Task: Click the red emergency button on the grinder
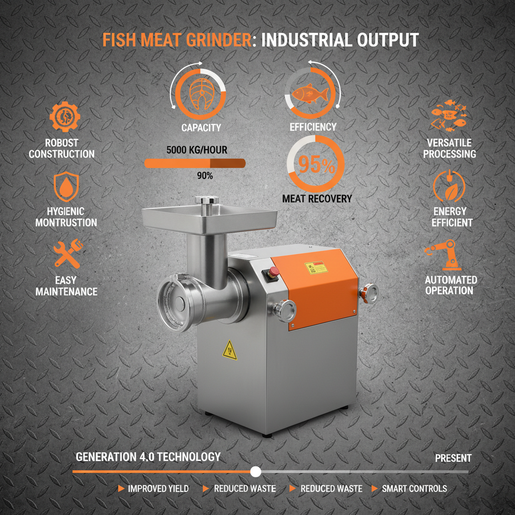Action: click(x=275, y=272)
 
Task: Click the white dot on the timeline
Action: click(x=255, y=471)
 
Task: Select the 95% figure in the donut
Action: click(x=315, y=165)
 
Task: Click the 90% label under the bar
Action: click(x=205, y=176)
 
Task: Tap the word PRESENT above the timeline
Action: click(x=453, y=458)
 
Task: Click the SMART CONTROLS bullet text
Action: click(x=414, y=488)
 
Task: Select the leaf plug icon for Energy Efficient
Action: click(x=449, y=186)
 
